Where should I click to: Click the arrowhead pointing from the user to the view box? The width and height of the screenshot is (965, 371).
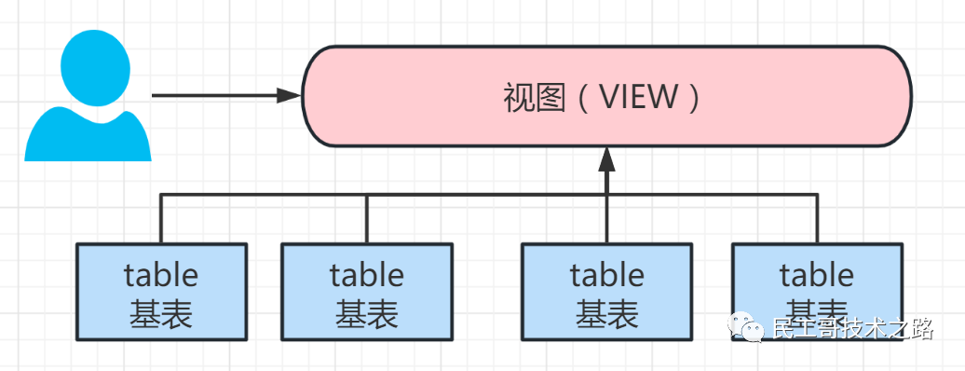coord(290,95)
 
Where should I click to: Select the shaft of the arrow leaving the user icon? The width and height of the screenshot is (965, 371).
coord(214,95)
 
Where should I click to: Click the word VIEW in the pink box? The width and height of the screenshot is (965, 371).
coord(638,97)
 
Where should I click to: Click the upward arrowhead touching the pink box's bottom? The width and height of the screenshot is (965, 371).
coord(607,159)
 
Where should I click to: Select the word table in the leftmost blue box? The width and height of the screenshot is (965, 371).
coord(161,276)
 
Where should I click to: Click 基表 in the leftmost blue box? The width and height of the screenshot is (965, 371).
coord(161,314)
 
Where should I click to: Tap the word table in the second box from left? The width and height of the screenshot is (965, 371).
coord(367,276)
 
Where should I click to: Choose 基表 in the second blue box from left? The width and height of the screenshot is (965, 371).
coord(367,314)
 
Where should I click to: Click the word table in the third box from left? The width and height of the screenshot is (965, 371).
coord(607,276)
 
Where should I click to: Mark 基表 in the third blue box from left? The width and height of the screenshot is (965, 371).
coord(607,314)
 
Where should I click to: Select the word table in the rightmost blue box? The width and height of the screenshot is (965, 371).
coord(817,276)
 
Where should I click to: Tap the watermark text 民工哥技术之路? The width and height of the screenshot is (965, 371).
coord(852,329)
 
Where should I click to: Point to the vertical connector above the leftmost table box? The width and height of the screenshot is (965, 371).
coord(161,219)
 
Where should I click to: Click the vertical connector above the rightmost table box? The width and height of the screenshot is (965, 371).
coord(818,219)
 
